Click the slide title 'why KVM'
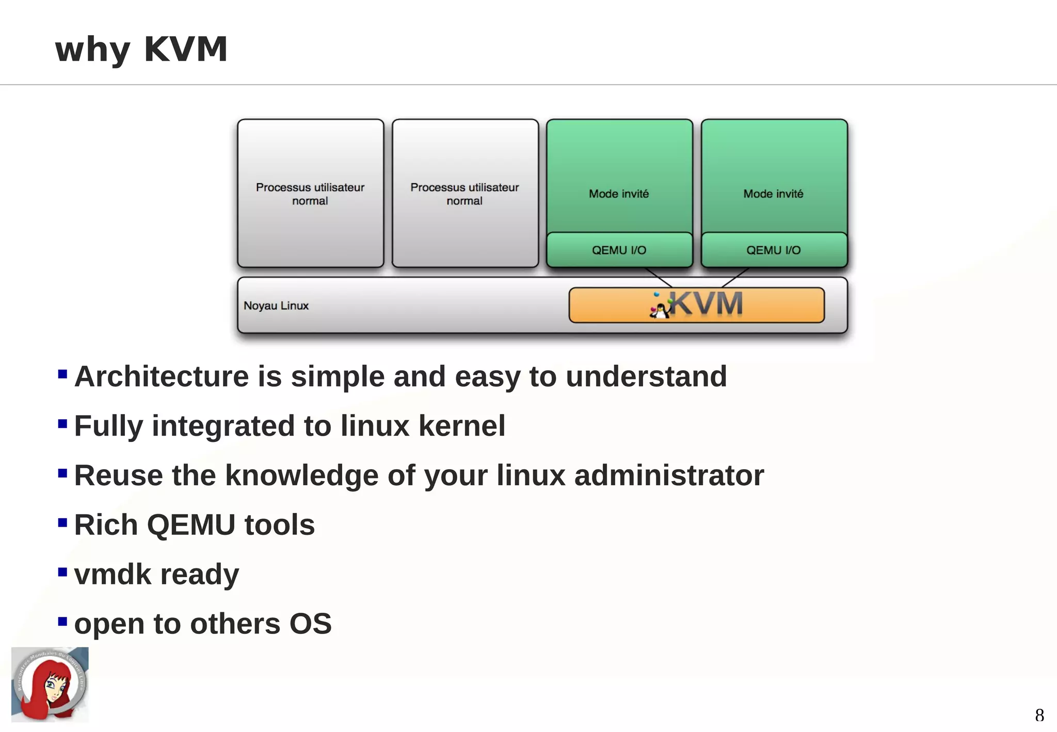pos(141,50)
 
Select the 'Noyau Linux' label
pos(276,306)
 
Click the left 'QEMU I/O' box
pos(619,250)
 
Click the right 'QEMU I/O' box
pos(773,250)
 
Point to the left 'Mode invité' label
pos(619,194)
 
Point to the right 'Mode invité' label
pos(773,194)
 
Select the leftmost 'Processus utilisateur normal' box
pos(310,194)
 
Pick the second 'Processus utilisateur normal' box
pos(465,194)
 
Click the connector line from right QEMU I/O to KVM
pos(735,277)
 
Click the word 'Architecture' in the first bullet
pos(162,376)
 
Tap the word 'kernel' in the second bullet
pos(461,426)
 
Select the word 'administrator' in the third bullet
pos(669,475)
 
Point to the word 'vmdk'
pos(112,575)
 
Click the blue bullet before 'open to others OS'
pos(62,621)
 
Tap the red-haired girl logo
pos(50,685)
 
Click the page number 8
pos(1039,715)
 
